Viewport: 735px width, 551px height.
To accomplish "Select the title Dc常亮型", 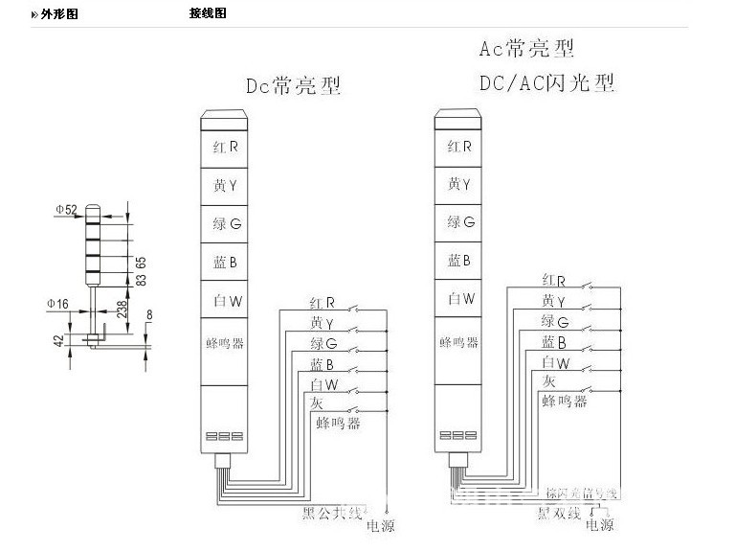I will [293, 86].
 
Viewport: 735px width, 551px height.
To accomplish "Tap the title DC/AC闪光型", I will [546, 83].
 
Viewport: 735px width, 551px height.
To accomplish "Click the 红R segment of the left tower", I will [227, 148].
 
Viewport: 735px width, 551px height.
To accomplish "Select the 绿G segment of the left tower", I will [227, 223].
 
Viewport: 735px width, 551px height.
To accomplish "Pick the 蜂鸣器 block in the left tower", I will [227, 341].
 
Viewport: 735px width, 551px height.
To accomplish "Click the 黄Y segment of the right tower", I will [459, 185].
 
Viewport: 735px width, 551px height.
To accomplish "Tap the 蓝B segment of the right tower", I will [459, 261].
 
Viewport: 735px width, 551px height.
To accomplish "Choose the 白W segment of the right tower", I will [459, 299].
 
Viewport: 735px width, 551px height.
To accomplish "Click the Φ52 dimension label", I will [66, 209].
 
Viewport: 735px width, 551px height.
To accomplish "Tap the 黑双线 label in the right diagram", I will [557, 515].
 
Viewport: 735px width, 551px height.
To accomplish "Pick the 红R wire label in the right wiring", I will [554, 281].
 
